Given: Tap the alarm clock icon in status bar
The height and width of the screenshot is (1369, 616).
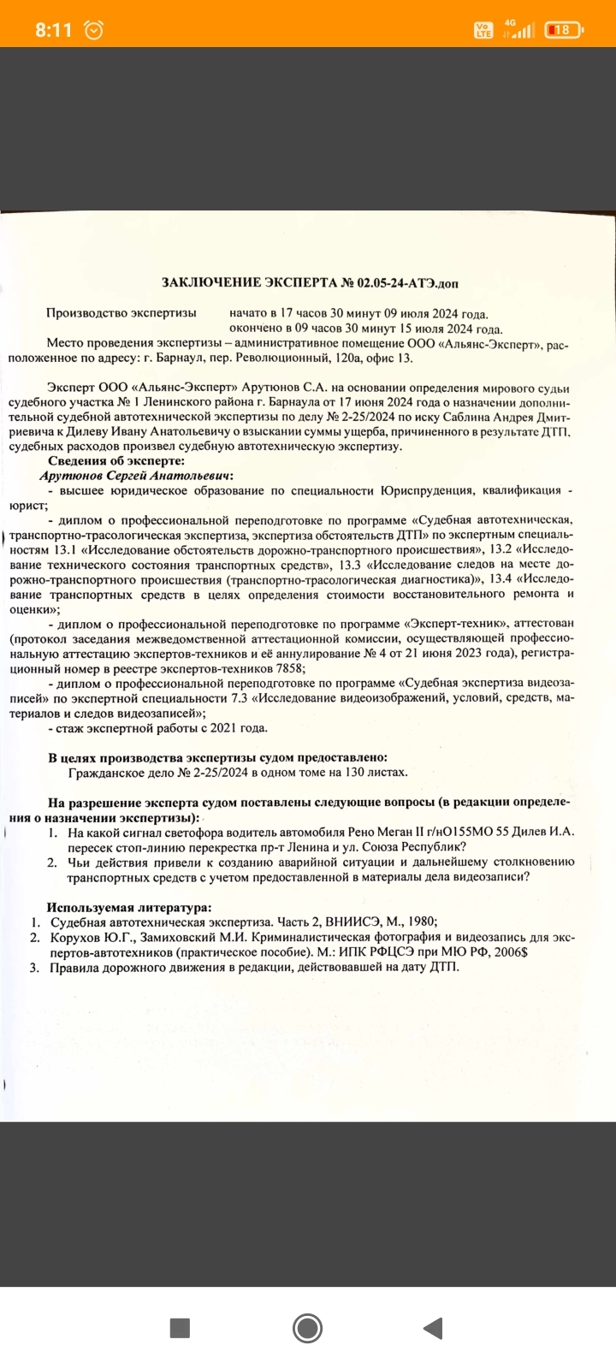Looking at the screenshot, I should point(94,30).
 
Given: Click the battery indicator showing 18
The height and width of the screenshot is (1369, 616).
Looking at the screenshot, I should point(561,30).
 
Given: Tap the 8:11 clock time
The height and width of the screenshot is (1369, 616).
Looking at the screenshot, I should point(53,30).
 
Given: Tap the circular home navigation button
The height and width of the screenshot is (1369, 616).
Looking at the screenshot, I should point(307,1328).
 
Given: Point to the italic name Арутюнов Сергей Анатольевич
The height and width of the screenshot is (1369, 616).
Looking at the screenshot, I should point(136,476).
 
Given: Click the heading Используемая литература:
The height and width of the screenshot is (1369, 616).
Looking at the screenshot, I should point(129,907).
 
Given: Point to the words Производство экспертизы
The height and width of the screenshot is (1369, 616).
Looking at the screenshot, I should point(121,314).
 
